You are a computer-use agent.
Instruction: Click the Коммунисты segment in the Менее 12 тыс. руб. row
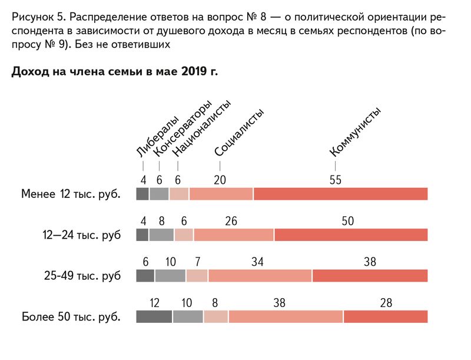(340, 194)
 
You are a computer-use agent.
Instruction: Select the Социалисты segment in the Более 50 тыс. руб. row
(286, 316)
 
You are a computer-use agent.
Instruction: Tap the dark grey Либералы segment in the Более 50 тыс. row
(154, 316)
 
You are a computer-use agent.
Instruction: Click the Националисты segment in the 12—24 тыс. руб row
(184, 235)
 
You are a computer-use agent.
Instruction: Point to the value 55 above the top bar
(335, 180)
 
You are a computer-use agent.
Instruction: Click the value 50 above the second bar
(347, 221)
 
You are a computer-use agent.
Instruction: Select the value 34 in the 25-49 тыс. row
(257, 262)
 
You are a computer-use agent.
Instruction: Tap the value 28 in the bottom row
(386, 303)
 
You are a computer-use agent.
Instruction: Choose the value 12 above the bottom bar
(155, 303)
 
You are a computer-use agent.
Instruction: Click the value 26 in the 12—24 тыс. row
(231, 221)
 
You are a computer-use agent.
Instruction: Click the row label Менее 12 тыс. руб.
(71, 194)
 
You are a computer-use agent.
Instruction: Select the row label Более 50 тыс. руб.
(71, 316)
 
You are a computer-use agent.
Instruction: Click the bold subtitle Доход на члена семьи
(114, 72)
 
